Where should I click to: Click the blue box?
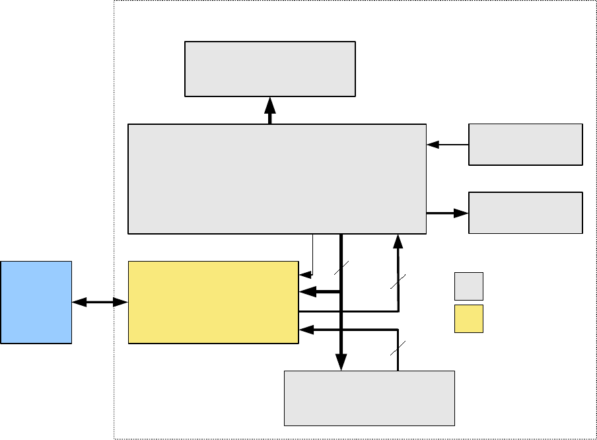pyautogui.click(x=36, y=302)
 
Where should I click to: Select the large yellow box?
pyautogui.click(x=213, y=302)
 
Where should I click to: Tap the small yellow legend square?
pyautogui.click(x=468, y=318)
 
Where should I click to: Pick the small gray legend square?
pyautogui.click(x=468, y=286)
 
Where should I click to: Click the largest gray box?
pyautogui.click(x=277, y=178)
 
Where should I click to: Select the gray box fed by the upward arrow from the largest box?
pyautogui.click(x=270, y=69)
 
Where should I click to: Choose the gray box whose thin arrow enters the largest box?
pyautogui.click(x=526, y=144)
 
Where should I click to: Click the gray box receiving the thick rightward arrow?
pyautogui.click(x=526, y=213)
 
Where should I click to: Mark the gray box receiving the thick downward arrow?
pyautogui.click(x=369, y=398)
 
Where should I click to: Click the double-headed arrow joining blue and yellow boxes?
pyautogui.click(x=100, y=302)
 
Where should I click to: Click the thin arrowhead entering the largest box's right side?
pyautogui.click(x=433, y=144)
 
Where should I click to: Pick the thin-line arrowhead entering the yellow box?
pyautogui.click(x=305, y=274)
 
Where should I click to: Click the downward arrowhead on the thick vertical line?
pyautogui.click(x=341, y=362)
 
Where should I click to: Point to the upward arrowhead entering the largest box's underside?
pyautogui.click(x=398, y=241)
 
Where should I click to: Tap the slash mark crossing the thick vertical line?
pyautogui.click(x=341, y=268)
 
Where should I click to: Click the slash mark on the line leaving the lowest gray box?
pyautogui.click(x=398, y=349)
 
